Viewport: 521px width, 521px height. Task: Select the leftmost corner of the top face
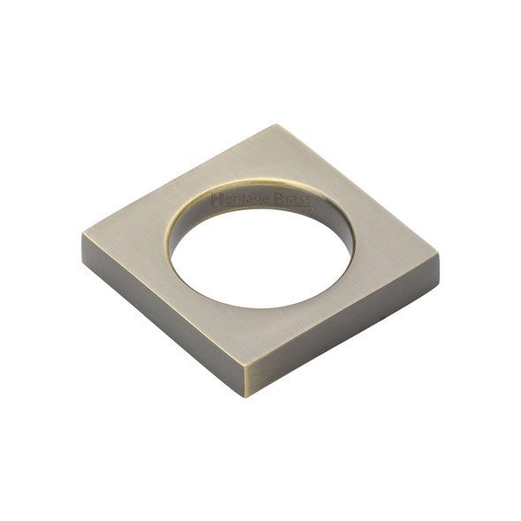83,235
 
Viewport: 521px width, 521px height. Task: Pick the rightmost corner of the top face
439,256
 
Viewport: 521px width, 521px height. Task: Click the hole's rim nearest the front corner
256,307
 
